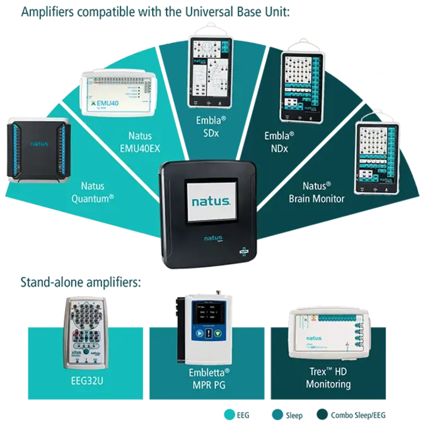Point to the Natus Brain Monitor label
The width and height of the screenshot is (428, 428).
(316, 192)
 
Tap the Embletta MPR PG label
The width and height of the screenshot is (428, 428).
(209, 379)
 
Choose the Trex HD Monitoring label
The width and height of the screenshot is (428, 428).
(328, 379)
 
